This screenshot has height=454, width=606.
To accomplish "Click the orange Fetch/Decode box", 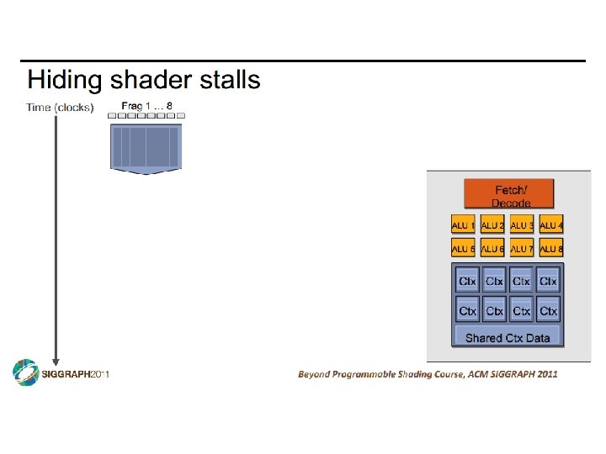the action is [509, 194].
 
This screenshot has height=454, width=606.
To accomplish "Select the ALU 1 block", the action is [463, 225].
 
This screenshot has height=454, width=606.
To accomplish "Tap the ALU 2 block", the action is [492, 225].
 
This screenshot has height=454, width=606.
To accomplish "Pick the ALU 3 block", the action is [522, 225].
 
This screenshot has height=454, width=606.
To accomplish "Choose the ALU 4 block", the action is [551, 225].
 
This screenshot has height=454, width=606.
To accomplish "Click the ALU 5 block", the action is [463, 249].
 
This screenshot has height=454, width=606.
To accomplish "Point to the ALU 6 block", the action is [492, 249].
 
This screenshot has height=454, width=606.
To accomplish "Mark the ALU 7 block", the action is [522, 249].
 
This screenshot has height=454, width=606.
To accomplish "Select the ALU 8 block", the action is [551, 249].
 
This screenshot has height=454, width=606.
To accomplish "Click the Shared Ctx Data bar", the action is [508, 338].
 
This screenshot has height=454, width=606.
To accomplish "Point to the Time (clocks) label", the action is [60, 108].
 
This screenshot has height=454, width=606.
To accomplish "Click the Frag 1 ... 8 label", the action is [147, 105].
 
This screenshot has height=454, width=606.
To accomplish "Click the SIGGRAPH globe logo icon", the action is [25, 373].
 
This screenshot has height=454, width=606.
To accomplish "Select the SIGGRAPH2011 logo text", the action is [76, 374].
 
